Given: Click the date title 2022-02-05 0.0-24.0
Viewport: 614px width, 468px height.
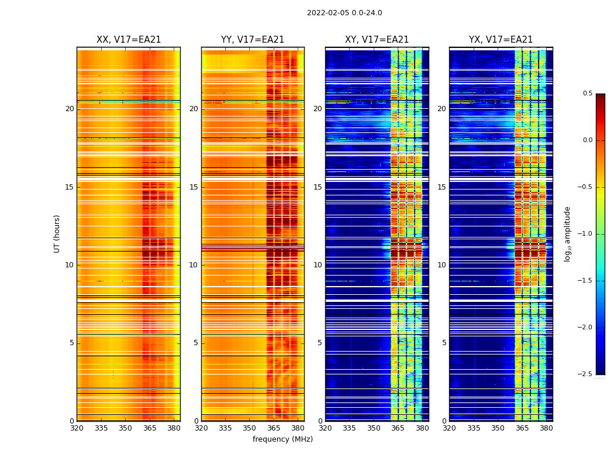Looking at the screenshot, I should point(344,13).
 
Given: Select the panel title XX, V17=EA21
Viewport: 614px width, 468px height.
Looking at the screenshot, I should point(129,40).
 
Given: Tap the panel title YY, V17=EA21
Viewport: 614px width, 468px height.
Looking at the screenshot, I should point(253,40).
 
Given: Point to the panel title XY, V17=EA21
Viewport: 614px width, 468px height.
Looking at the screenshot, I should point(377,40).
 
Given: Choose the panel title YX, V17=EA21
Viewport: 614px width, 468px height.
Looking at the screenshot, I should point(501,40).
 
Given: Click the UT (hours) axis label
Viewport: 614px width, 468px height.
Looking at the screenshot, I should point(57,233).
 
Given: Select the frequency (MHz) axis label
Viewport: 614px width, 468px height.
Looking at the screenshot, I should point(282,439).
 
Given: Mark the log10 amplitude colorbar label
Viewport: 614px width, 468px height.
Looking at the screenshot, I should point(567,233).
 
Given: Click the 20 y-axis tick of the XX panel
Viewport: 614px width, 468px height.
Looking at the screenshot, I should point(70,109).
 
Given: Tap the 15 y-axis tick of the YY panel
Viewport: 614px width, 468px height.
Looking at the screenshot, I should point(194,187).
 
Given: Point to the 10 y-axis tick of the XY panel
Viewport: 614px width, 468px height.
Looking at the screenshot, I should point(318,265).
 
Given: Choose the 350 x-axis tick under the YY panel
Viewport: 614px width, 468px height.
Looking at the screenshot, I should point(250,428).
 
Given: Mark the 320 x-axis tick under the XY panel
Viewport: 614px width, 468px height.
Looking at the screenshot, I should point(325,428).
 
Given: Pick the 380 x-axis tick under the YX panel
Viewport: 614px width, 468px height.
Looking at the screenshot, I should point(546,428).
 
